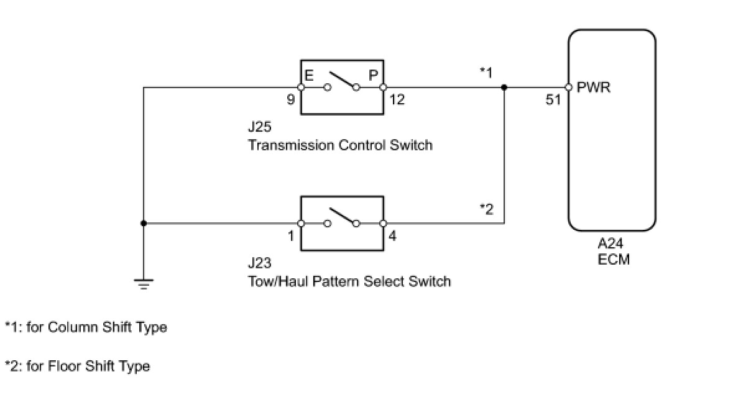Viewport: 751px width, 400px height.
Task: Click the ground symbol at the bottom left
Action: (x=144, y=284)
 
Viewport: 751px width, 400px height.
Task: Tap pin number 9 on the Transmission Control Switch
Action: (x=291, y=99)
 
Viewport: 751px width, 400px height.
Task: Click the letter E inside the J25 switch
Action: (x=309, y=75)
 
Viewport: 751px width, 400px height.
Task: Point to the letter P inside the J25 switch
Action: (x=373, y=75)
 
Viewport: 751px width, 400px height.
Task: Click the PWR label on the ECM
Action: (x=594, y=88)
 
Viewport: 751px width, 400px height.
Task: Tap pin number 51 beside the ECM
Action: (x=553, y=99)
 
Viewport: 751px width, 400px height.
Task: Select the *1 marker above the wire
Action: (x=486, y=73)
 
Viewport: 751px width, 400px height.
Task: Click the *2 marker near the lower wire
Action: (x=486, y=209)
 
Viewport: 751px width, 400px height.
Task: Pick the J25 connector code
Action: (x=259, y=128)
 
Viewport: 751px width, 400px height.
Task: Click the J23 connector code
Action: (x=259, y=264)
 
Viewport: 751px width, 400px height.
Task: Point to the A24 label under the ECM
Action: (x=611, y=245)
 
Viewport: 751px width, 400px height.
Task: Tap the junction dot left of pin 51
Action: (x=504, y=88)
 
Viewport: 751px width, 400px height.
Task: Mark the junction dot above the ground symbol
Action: (x=144, y=223)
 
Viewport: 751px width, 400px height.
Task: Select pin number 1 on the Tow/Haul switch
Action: (x=291, y=236)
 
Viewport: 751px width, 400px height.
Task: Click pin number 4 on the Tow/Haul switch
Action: (x=392, y=236)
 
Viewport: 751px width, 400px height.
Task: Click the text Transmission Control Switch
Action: (x=340, y=145)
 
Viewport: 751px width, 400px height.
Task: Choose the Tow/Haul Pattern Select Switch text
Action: (x=349, y=281)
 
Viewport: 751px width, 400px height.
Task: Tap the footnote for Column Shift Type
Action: (x=86, y=327)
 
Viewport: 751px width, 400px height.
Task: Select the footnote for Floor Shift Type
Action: (x=77, y=366)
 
